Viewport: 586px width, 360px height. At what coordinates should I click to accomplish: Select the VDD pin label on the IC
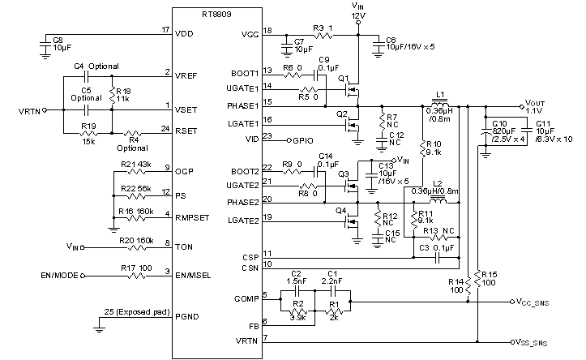(186, 35)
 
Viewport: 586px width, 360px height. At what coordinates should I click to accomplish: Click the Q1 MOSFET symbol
(351, 84)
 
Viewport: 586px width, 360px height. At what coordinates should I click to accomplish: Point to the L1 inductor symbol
(440, 105)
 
